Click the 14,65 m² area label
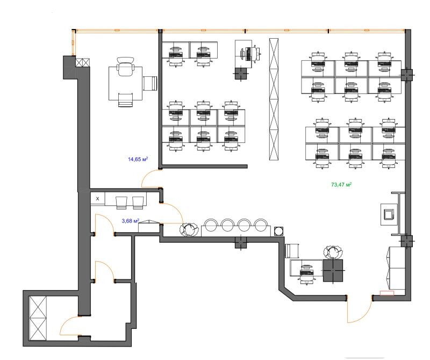point(138,159)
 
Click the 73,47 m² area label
point(341,184)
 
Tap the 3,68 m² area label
point(130,220)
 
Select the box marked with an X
point(98,199)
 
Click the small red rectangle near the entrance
point(386,293)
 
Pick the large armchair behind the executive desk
point(126,66)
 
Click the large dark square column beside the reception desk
point(333,270)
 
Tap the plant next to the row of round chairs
point(189,229)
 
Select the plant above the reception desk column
point(333,252)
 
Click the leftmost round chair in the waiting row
point(211,225)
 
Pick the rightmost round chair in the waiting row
point(261,225)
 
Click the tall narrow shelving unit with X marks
point(274,99)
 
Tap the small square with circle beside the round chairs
point(278,231)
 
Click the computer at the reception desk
point(307,272)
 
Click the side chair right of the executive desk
point(150,83)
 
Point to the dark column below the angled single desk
point(241,74)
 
